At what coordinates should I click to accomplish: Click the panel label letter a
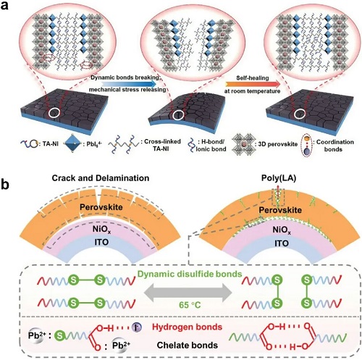(x=4, y=5)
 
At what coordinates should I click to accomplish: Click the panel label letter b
(x=5, y=184)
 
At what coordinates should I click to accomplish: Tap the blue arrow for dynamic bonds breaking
(x=129, y=83)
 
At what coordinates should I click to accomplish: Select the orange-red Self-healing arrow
(x=253, y=84)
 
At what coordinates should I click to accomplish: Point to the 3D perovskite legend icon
(x=243, y=145)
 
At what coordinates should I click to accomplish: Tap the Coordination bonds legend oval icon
(x=307, y=145)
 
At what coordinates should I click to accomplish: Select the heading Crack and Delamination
(x=101, y=178)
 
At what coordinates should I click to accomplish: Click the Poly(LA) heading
(x=279, y=178)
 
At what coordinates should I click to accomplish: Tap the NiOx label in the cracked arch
(x=102, y=229)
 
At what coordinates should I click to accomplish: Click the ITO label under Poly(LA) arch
(x=282, y=243)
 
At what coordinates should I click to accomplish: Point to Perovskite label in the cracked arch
(x=101, y=207)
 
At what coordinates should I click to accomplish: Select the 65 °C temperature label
(x=190, y=305)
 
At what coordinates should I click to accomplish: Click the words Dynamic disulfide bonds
(x=190, y=274)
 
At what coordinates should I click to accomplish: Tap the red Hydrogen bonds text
(x=187, y=327)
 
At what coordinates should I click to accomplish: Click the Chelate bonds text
(x=188, y=346)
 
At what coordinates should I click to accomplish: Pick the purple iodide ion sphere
(x=137, y=327)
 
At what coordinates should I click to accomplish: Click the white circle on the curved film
(x=178, y=115)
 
